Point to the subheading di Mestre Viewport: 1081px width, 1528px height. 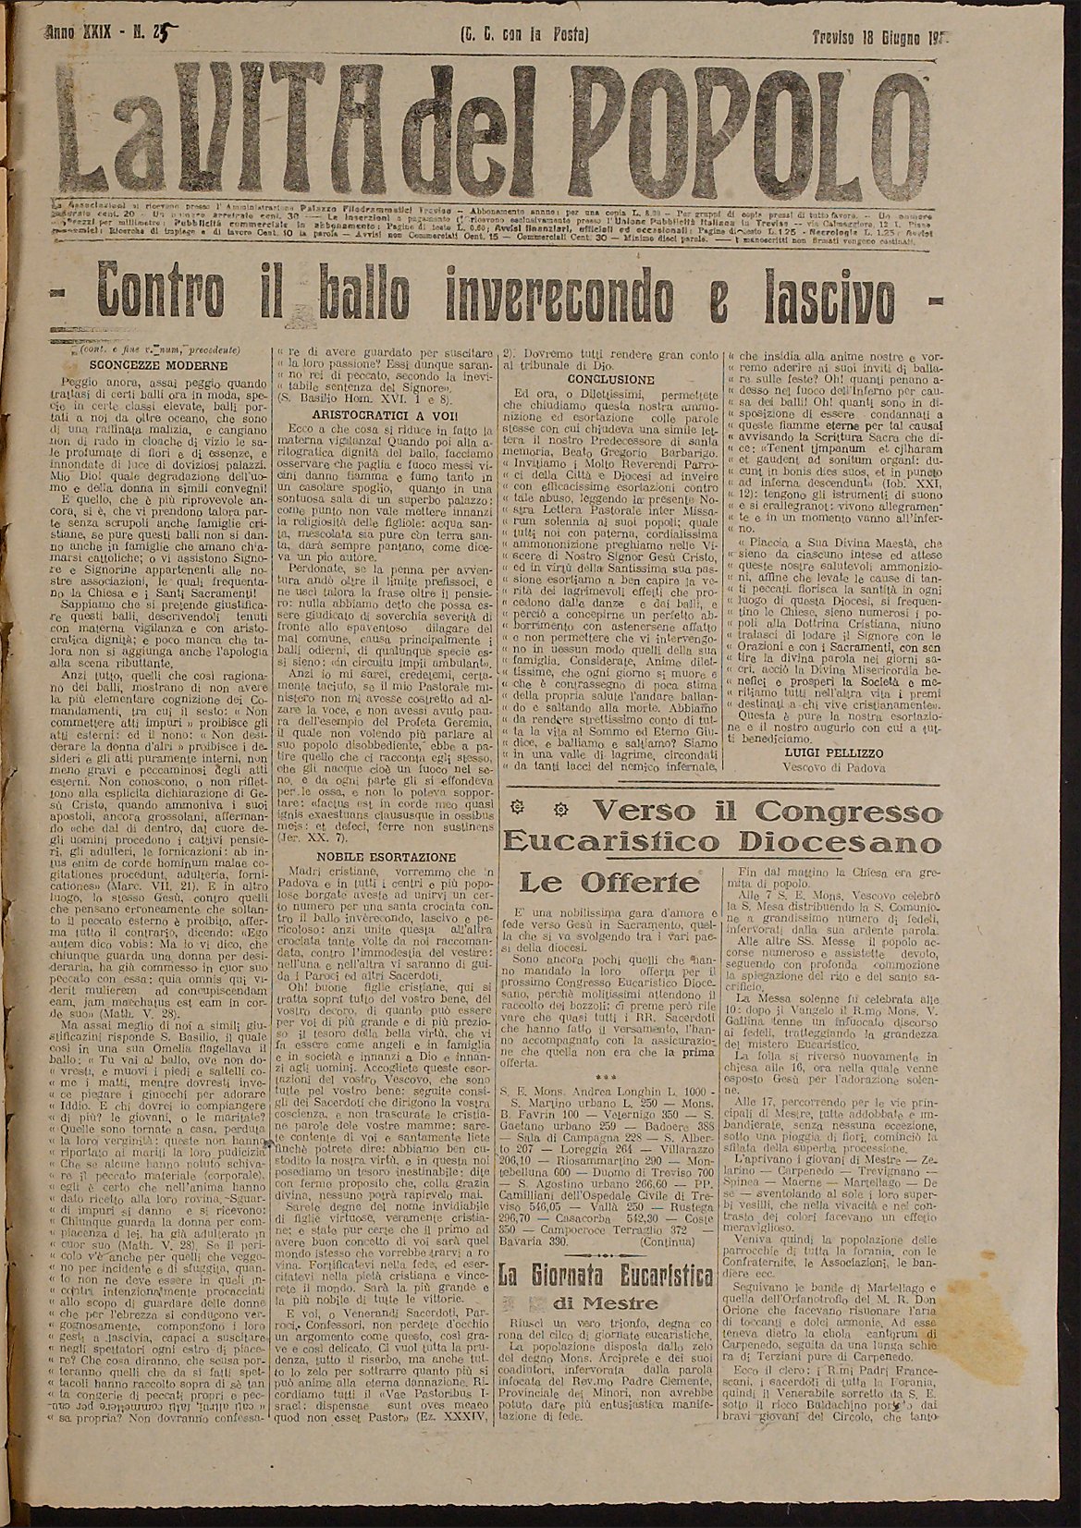tap(607, 1303)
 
